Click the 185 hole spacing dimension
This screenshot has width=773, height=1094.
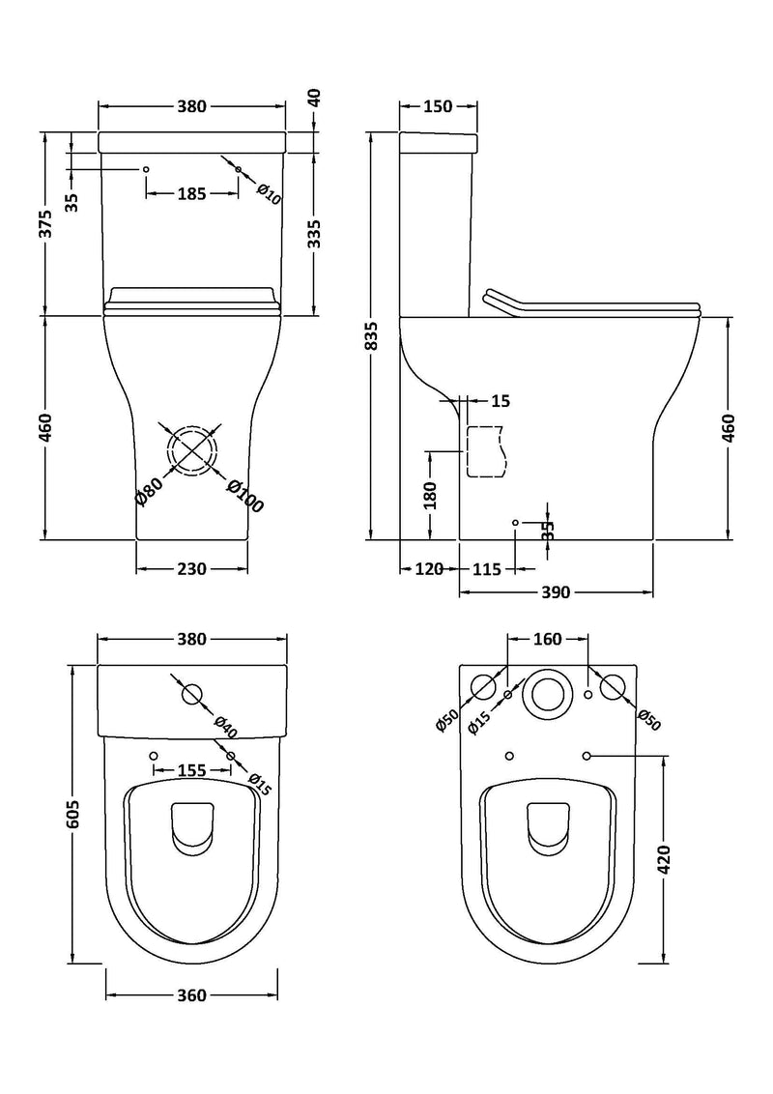tap(191, 194)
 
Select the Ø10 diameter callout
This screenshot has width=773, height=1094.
tap(269, 193)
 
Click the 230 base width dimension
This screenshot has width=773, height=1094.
tap(191, 569)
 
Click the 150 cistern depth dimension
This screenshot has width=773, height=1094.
tap(438, 107)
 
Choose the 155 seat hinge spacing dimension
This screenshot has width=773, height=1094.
tap(191, 771)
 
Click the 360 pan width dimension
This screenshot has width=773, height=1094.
tap(191, 995)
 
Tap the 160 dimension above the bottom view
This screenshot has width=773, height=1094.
tap(547, 639)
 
